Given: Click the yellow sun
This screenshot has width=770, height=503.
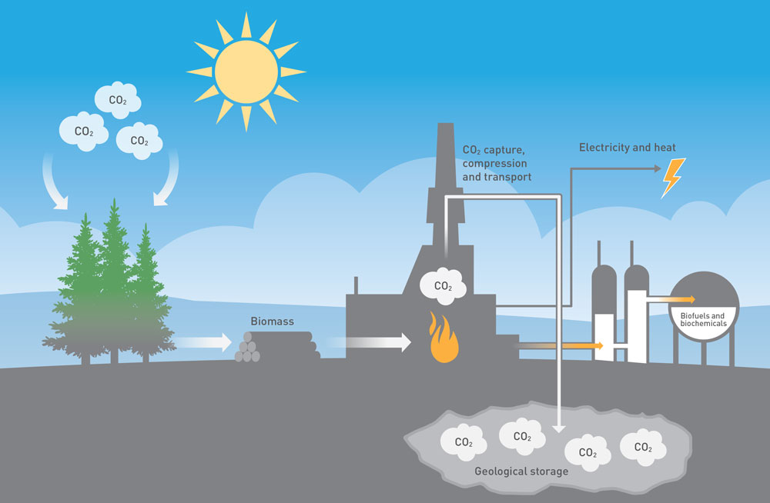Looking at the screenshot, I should [x=246, y=72].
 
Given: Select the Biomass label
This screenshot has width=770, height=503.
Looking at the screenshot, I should [x=272, y=321].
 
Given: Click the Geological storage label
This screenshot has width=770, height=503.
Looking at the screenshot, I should [x=521, y=471].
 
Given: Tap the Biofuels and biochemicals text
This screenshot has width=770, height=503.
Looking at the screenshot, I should [x=703, y=319].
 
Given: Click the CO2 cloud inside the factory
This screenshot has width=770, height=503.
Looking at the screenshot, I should [x=443, y=285].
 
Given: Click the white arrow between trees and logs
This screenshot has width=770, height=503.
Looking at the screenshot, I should [x=203, y=341].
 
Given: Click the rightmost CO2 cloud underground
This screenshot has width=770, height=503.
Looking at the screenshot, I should [x=643, y=446].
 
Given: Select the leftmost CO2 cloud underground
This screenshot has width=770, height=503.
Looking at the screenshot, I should [x=463, y=441].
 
